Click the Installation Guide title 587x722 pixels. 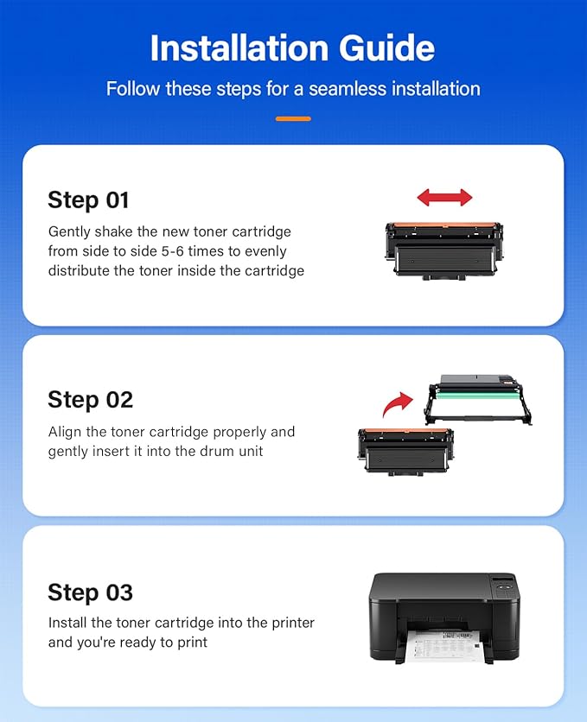[x=293, y=48]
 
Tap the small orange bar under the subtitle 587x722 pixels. [x=293, y=118]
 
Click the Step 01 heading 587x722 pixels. [x=88, y=200]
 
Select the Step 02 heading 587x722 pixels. [x=90, y=400]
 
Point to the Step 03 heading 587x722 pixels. [x=90, y=592]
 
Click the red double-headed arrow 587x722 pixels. [x=444, y=198]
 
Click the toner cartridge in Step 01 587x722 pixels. [x=443, y=249]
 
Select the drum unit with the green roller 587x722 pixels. [x=478, y=400]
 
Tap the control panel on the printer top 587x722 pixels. [x=501, y=584]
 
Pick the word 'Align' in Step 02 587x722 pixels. [x=65, y=432]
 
